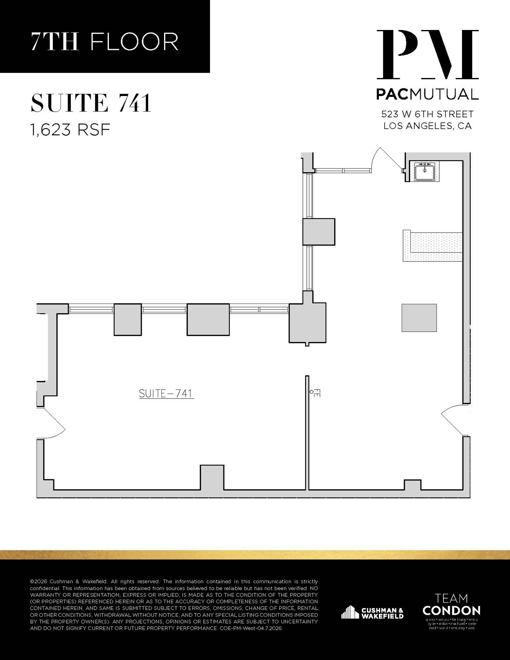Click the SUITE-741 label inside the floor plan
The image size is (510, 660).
tap(166, 393)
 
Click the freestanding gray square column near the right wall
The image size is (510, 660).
tap(419, 318)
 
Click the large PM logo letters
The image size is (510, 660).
tap(428, 54)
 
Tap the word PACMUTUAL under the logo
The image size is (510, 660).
tap(427, 94)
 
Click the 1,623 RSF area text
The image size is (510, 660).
tap(70, 130)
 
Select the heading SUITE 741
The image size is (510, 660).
tap(91, 103)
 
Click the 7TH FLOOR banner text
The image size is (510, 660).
tap(105, 42)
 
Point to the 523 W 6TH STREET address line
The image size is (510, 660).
tap(427, 114)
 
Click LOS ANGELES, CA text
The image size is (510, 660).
tap(427, 126)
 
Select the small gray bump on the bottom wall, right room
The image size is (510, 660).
tap(412, 484)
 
